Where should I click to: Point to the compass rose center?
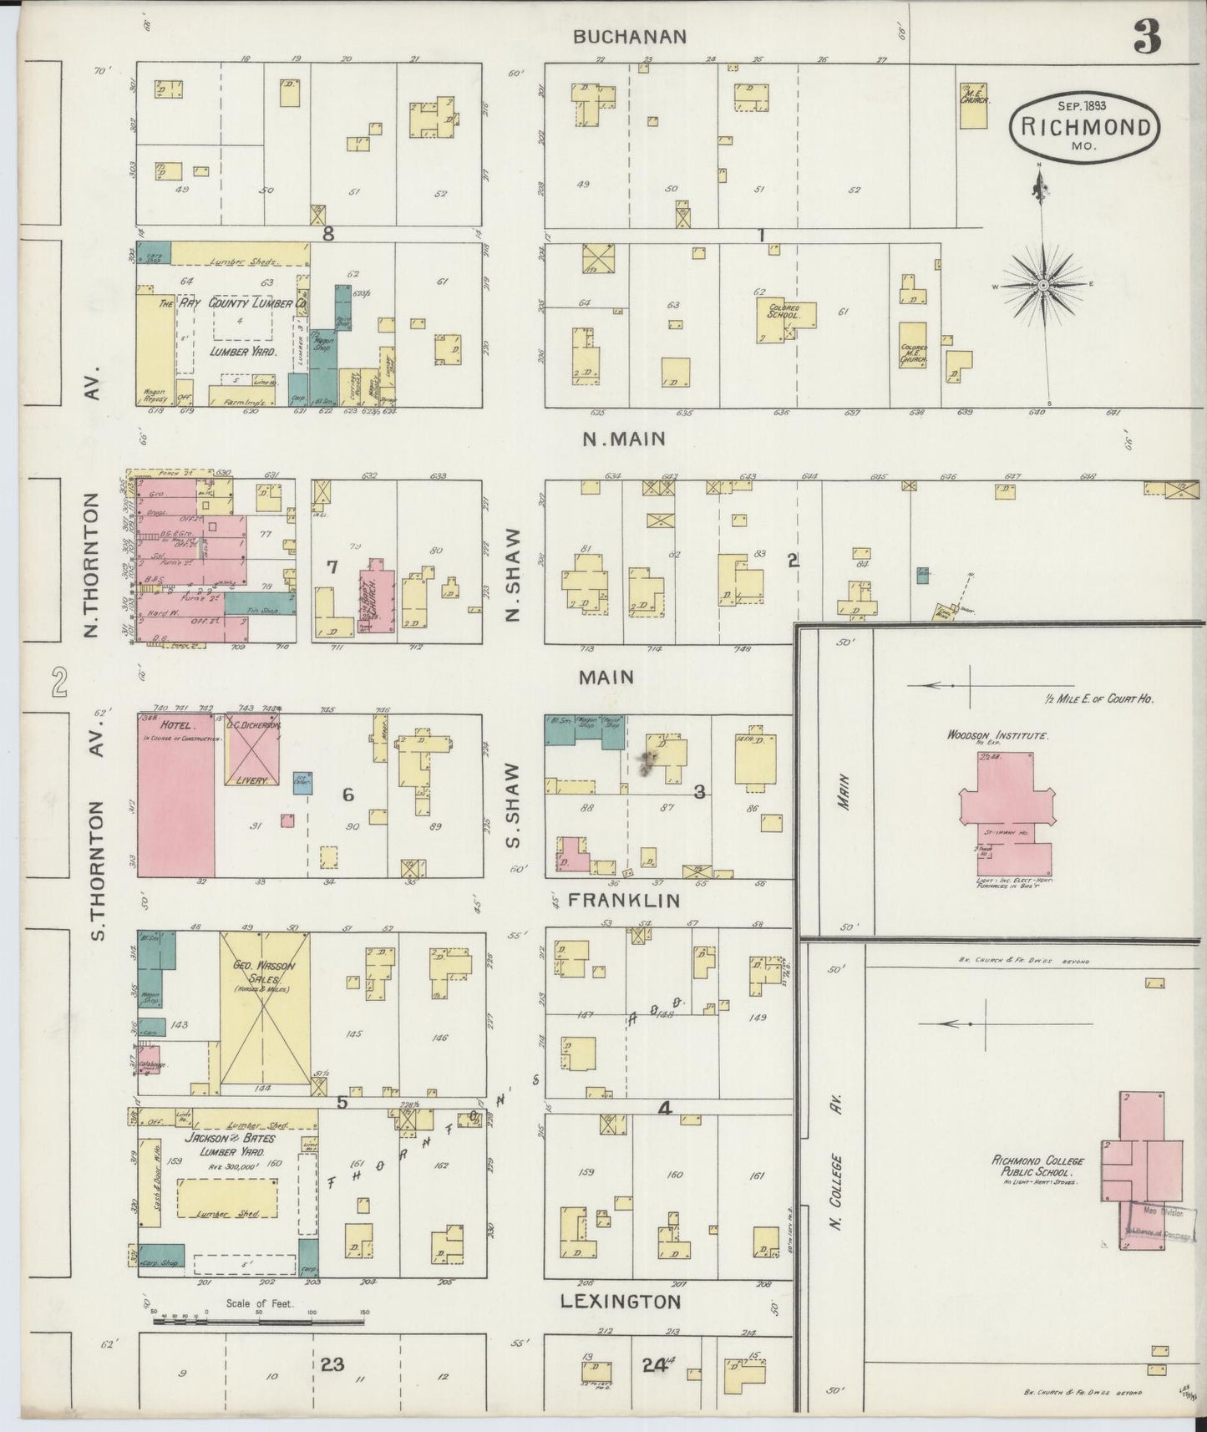click(1043, 286)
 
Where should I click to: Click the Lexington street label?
click(620, 1301)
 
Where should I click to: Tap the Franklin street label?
click(625, 901)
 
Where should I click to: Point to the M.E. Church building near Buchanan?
click(972, 105)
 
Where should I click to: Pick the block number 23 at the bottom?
click(332, 1365)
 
